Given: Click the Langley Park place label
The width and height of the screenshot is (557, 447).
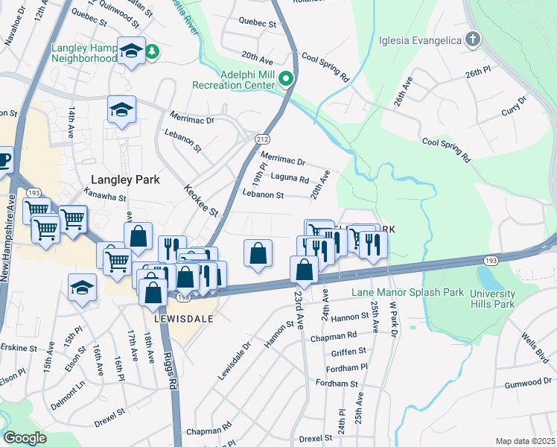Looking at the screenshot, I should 125,179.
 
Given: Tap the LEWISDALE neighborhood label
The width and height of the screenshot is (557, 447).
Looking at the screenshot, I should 184,318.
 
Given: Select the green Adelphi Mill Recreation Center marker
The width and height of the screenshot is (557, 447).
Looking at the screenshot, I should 284,77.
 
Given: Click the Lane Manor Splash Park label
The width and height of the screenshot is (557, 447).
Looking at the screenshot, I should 402,294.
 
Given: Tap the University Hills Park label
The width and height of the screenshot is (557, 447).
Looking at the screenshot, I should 492,299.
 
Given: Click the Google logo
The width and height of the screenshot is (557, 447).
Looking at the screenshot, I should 24,438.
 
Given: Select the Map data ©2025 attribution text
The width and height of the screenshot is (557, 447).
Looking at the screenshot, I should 525,441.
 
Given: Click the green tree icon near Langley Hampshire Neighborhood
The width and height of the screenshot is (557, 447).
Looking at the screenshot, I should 153,51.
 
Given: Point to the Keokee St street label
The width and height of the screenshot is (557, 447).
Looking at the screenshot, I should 201,201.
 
